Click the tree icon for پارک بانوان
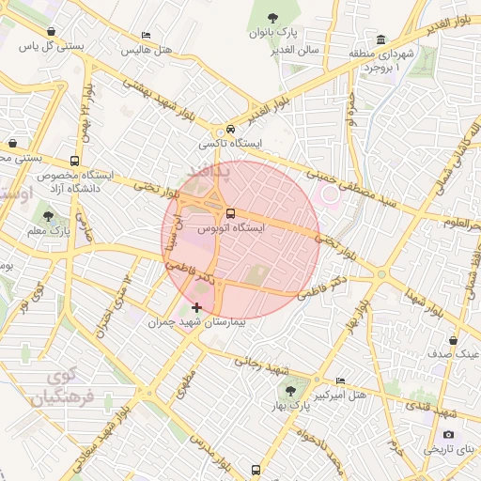(272, 17)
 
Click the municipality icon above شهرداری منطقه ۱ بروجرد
(380, 39)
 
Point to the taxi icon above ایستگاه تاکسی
(230, 130)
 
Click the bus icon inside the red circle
(231, 211)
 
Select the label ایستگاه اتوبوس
(231, 228)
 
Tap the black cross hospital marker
(195, 307)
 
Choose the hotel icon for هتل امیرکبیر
(340, 380)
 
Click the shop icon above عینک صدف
(454, 340)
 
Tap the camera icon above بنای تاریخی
(448, 434)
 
